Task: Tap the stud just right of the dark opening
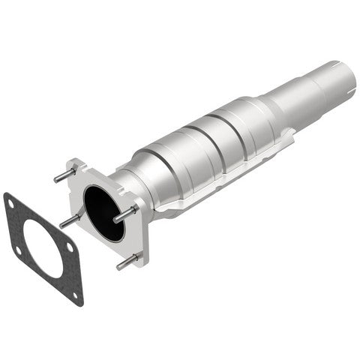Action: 124,214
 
